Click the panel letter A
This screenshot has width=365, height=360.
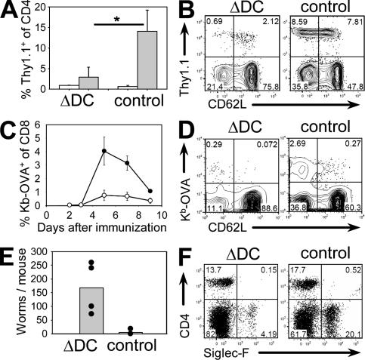point(9,10)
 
